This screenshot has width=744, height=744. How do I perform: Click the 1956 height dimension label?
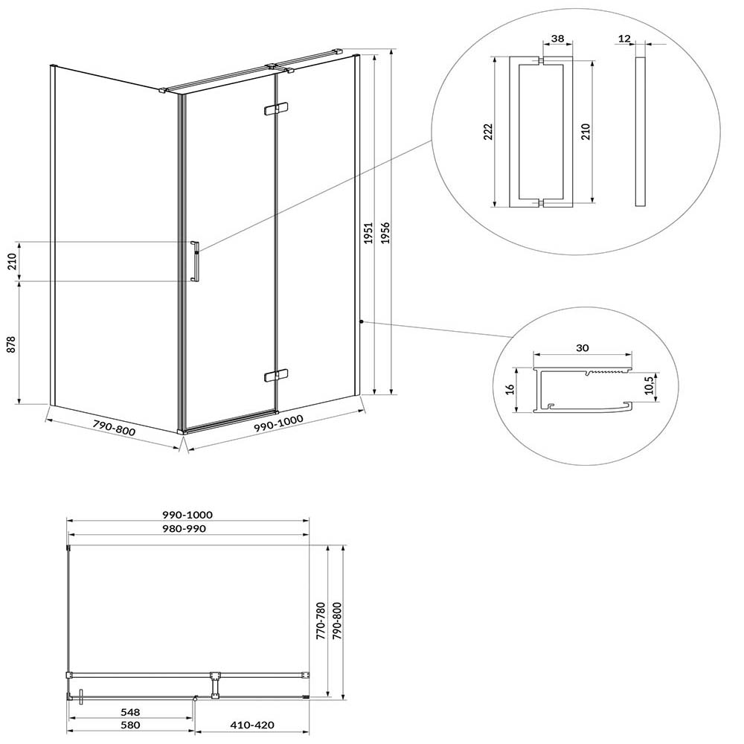point(385,233)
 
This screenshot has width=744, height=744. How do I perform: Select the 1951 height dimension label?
point(369,233)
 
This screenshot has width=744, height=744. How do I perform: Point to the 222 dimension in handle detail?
point(488,132)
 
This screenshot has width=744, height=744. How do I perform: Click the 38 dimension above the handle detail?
point(558,38)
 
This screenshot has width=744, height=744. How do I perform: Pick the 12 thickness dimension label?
point(625,39)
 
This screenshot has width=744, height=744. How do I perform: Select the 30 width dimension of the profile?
point(583,347)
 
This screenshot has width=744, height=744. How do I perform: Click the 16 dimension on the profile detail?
point(510,390)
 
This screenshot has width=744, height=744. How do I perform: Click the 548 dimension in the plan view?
point(130,712)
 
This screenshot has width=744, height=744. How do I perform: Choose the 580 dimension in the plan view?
point(130,725)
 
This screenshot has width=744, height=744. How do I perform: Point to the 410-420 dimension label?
point(252,725)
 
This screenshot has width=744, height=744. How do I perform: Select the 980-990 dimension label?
point(184,528)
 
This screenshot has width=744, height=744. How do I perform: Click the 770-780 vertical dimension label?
point(321,621)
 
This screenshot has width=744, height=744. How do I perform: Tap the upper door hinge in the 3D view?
point(275,109)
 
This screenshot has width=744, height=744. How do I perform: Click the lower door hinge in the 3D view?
point(276,375)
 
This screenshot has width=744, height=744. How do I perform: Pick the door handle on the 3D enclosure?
point(195,261)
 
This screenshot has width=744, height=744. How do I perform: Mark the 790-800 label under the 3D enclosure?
point(114,429)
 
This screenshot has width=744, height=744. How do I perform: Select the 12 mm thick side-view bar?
point(640,132)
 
